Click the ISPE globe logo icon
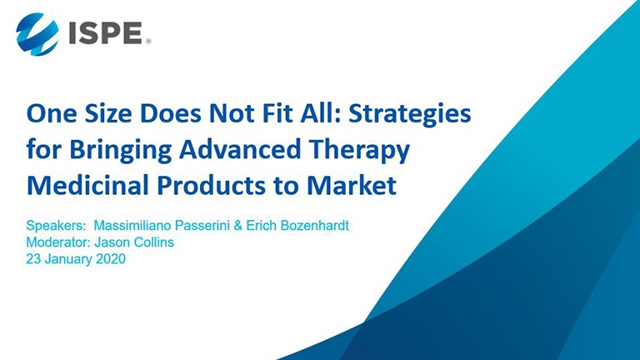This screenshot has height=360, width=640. (37, 34)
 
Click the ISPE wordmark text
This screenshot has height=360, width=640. (105, 33)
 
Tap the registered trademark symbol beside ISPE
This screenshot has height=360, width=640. (148, 41)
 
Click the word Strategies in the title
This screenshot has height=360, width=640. (410, 114)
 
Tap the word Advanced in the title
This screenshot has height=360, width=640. (240, 149)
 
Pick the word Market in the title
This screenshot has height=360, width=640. (352, 185)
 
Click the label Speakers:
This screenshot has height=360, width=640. (56, 226)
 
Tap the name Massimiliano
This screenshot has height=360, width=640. (132, 225)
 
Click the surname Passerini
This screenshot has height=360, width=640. (202, 225)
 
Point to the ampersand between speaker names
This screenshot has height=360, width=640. (238, 225)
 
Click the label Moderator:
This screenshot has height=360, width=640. (58, 242)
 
